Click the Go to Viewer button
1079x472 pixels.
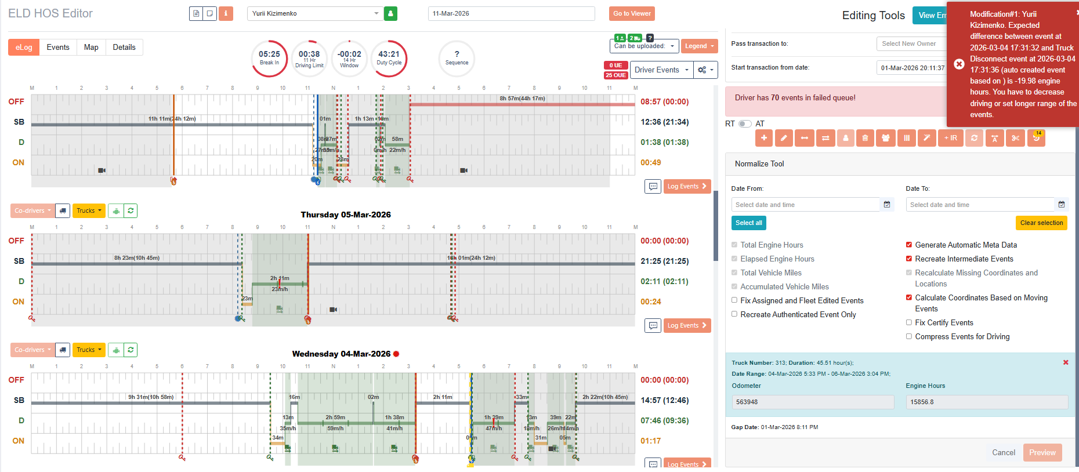tap(632, 13)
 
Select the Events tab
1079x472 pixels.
tap(58, 48)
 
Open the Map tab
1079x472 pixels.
tap(91, 48)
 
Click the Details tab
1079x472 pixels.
tap(124, 48)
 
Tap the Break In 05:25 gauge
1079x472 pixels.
tap(269, 58)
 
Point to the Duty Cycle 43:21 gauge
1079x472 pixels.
tap(389, 58)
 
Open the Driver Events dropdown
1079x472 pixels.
tap(661, 70)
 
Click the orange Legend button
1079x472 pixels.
tap(699, 46)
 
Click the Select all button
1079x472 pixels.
tap(748, 223)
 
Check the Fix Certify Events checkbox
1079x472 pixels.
tap(909, 322)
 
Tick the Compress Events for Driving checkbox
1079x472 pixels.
tap(909, 336)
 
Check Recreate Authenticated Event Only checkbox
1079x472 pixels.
tap(734, 314)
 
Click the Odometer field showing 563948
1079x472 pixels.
tap(812, 402)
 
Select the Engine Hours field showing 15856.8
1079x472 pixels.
tap(986, 402)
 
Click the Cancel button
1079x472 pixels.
tap(1003, 452)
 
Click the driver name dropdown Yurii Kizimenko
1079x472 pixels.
tap(315, 13)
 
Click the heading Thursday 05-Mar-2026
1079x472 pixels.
tap(346, 215)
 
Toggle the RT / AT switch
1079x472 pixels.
tap(745, 124)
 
